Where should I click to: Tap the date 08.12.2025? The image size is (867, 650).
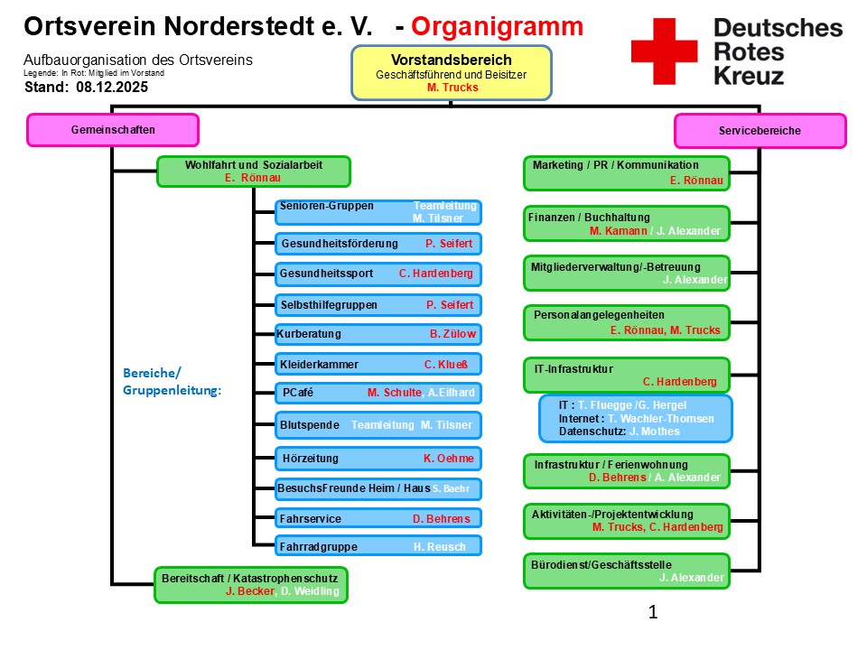[112, 88]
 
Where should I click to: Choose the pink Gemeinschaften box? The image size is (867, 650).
[113, 130]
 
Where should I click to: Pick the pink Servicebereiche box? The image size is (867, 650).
[760, 131]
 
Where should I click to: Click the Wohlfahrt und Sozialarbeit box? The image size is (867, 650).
[253, 172]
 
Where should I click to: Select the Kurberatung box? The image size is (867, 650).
[378, 334]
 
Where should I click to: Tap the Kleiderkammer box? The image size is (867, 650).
[378, 365]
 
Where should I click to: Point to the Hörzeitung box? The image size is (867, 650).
[378, 459]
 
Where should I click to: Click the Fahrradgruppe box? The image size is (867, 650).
[378, 546]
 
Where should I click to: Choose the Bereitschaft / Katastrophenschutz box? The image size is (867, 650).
[251, 584]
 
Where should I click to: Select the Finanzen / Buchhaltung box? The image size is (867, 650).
[626, 224]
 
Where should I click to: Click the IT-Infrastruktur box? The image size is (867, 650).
[626, 375]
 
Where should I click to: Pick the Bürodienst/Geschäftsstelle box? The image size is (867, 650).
[626, 571]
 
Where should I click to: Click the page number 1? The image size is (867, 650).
[653, 612]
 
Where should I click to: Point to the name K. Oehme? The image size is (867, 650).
[448, 459]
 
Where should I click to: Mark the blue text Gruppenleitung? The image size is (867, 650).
[172, 391]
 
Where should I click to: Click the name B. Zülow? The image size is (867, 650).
[452, 334]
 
